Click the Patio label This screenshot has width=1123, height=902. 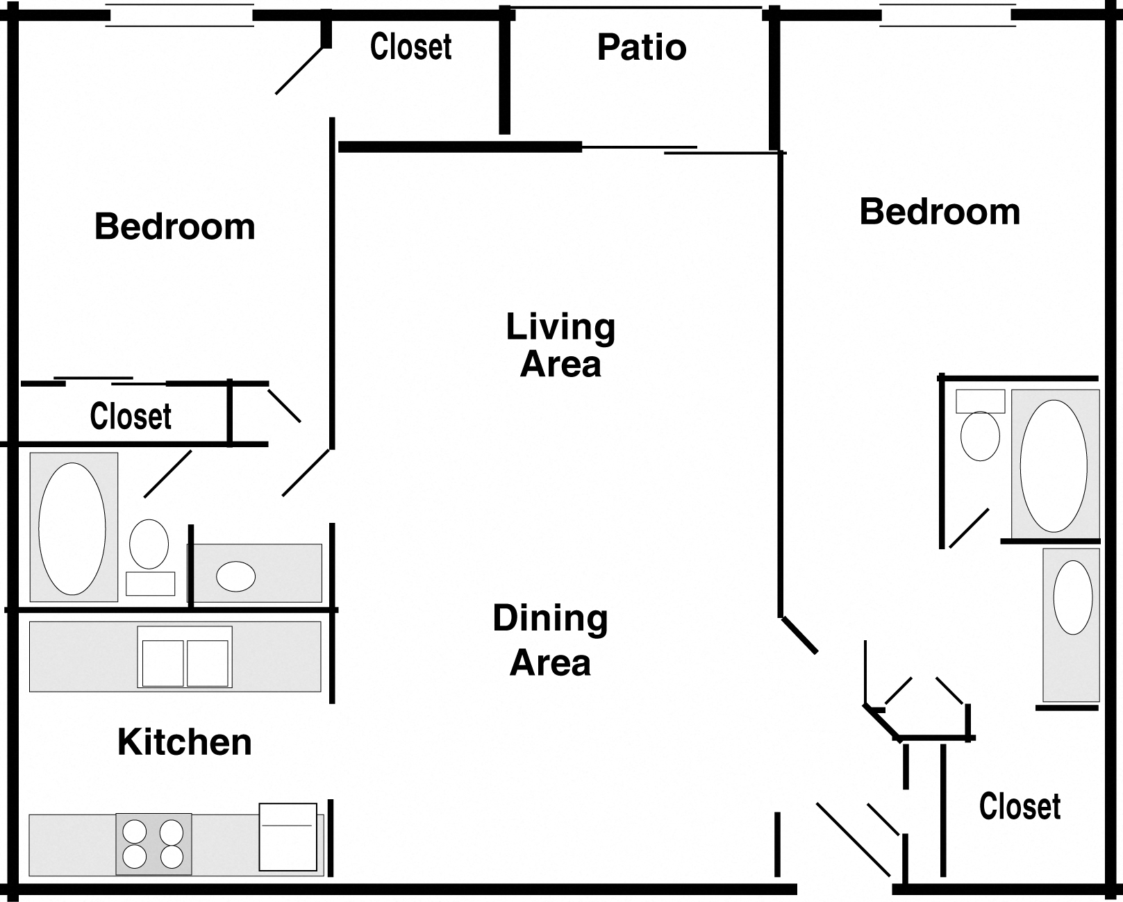pyautogui.click(x=642, y=47)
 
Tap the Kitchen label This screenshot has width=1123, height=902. pyautogui.click(x=185, y=742)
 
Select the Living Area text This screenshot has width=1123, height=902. pyautogui.click(x=560, y=345)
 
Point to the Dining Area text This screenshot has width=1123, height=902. pyautogui.click(x=550, y=640)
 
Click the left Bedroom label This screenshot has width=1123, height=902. pyautogui.click(x=175, y=226)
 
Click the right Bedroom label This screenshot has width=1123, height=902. pyautogui.click(x=940, y=211)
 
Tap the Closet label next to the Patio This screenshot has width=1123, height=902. pyautogui.click(x=411, y=47)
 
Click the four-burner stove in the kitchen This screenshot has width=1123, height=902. pyautogui.click(x=153, y=843)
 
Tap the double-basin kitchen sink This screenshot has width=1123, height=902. pyautogui.click(x=185, y=657)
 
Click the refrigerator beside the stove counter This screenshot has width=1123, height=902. pyautogui.click(x=288, y=837)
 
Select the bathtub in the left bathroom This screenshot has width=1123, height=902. pyautogui.click(x=73, y=528)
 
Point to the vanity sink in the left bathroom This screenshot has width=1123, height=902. pyautogui.click(x=236, y=576)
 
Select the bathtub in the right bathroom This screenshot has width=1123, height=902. pyautogui.click(x=1054, y=465)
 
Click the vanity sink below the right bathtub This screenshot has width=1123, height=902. pyautogui.click(x=1072, y=597)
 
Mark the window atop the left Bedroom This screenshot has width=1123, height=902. pyautogui.click(x=179, y=16)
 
